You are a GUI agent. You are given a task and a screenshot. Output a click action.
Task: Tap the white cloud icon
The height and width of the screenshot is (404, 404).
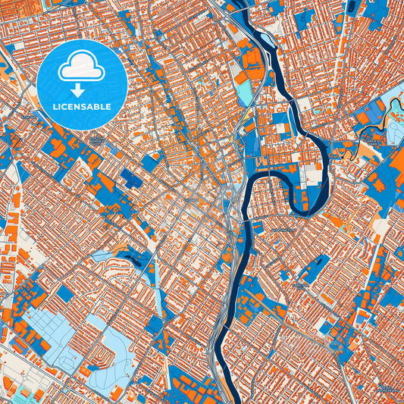coord(81,67)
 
